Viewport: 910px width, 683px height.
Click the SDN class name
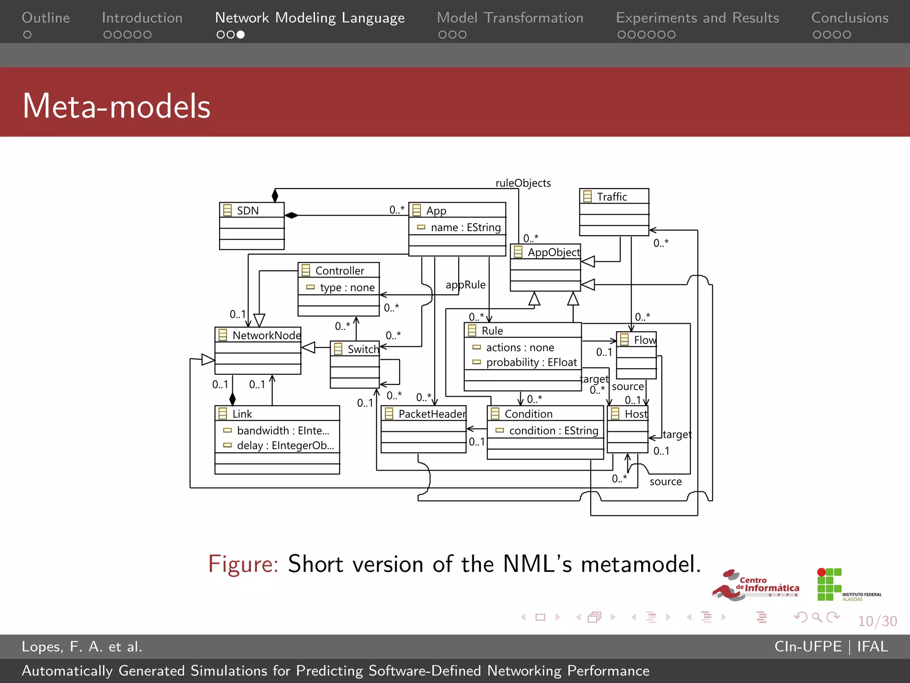point(247,211)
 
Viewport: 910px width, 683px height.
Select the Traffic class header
point(612,197)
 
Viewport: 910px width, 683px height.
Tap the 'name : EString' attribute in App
point(465,228)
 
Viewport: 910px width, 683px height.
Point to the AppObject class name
point(553,253)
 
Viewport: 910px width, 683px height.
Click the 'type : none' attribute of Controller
point(347,288)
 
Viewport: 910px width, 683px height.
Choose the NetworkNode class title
point(266,335)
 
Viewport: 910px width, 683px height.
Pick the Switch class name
point(363,349)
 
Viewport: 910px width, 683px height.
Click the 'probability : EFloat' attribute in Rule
point(531,362)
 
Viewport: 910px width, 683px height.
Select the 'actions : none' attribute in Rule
point(520,347)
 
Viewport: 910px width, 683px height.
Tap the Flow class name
point(644,340)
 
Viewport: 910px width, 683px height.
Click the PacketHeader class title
point(432,414)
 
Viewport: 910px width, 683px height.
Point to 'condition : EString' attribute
point(553,430)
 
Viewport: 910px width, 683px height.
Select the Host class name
point(636,414)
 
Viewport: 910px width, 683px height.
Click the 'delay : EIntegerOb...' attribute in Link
point(285,446)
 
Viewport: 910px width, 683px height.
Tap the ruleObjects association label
point(523,183)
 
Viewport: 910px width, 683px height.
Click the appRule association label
point(465,285)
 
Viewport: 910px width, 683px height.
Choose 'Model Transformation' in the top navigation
point(510,18)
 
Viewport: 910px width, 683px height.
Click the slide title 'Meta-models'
point(116,106)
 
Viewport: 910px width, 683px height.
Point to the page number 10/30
point(877,621)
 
